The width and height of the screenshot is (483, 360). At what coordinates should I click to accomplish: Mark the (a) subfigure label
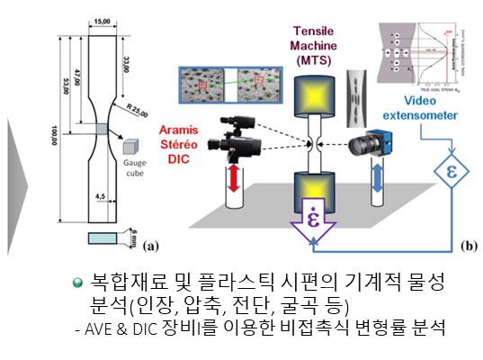click(x=150, y=243)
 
